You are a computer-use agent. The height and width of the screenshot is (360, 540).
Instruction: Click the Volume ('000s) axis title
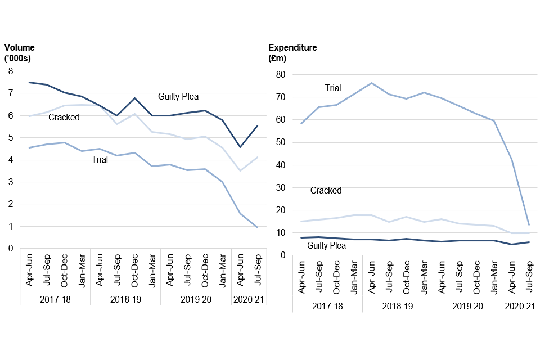coord(20,53)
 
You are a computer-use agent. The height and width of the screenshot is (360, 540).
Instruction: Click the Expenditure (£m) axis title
coord(292,53)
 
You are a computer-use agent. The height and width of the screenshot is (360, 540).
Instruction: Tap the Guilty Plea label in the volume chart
coord(178,97)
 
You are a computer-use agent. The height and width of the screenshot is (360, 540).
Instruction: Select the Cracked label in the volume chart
coord(64,118)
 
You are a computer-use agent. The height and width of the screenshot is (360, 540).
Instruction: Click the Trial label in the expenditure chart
coord(333,88)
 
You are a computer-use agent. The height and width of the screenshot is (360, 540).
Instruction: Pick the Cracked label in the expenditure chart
coord(326,191)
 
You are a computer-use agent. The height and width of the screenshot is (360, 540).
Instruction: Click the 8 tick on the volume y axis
coord(10,71)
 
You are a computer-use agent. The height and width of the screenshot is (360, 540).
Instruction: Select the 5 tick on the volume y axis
coord(10,138)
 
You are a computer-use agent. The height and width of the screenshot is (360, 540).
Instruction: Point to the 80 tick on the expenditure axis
coord(281,75)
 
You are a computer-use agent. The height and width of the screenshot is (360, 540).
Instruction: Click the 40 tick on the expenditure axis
coord(281,165)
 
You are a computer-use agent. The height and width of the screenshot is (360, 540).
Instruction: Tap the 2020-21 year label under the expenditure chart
coord(520,306)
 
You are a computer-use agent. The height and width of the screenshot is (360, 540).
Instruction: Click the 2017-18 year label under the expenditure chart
coord(327,306)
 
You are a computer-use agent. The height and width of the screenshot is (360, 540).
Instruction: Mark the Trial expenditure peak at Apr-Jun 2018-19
coord(371,83)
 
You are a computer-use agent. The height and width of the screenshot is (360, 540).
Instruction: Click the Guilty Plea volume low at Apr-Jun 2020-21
coord(240,147)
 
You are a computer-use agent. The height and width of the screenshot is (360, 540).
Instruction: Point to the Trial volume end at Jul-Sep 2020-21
coord(258,227)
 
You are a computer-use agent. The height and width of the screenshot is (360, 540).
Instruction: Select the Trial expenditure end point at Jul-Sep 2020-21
coord(529,224)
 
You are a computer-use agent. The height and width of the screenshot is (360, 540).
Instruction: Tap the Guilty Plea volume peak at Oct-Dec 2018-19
coord(134,98)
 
